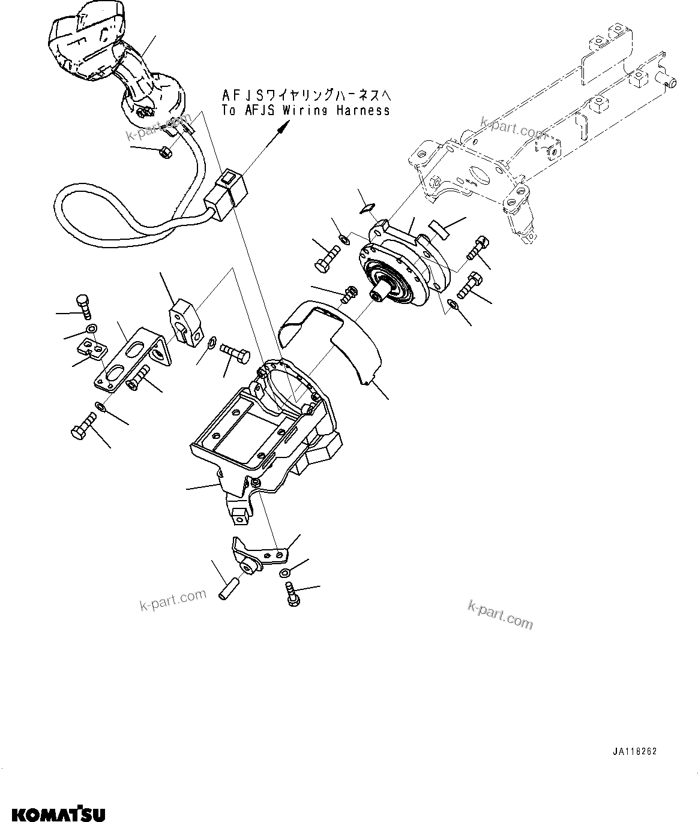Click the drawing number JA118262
coord(635,751)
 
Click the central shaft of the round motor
coord(377,294)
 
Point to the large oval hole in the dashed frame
coord(479,175)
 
